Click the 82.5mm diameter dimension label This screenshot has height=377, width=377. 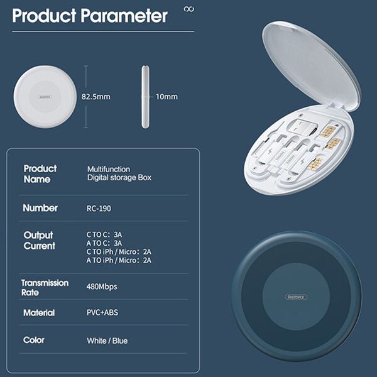[96, 97]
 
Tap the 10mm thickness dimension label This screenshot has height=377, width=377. [167, 97]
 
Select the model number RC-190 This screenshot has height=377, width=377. [99, 209]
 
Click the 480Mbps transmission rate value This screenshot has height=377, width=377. [102, 287]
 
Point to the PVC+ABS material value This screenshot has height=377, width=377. [102, 312]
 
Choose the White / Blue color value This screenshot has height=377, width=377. [107, 341]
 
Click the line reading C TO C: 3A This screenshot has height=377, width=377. [104, 234]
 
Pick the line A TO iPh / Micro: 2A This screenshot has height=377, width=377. [119, 260]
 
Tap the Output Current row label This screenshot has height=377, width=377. [39, 241]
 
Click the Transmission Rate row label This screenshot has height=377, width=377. [45, 288]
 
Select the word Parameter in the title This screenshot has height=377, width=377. [124, 16]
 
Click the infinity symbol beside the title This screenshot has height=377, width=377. [189, 9]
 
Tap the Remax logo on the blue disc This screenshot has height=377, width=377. [296, 297]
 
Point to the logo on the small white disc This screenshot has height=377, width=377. [45, 97]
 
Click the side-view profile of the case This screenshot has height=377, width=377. [145, 97]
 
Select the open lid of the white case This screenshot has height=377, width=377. [312, 66]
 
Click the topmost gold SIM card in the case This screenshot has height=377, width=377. [327, 131]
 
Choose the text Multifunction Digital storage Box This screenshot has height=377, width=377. [119, 173]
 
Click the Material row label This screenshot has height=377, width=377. [39, 313]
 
